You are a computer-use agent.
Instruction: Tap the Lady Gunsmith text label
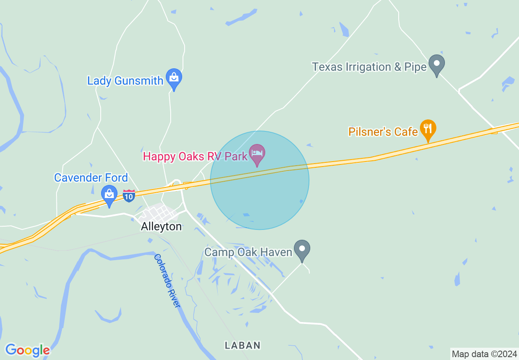pos(125,81)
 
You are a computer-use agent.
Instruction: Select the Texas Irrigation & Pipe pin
pos(436,64)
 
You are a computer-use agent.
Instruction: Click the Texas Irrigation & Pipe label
pos(369,67)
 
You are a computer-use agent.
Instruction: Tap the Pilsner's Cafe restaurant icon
pos(428,129)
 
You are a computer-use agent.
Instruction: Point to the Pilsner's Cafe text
pos(383,132)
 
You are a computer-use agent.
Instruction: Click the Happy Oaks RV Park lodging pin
pos(257,154)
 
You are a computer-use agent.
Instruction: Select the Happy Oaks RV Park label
pos(195,156)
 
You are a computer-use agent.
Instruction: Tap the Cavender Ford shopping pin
pos(109,195)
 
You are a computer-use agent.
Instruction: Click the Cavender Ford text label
pos(91,178)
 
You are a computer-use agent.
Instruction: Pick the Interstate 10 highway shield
pos(129,196)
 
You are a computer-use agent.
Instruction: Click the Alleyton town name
pos(161,227)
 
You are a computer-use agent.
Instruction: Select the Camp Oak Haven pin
pos(302,250)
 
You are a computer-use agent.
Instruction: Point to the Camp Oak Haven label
pos(248,252)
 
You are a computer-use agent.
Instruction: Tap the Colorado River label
pos(167,281)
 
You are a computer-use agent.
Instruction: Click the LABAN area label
pos(243,345)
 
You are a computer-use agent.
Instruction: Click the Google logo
pos(27,350)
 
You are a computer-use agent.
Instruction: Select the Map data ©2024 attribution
pos(484,353)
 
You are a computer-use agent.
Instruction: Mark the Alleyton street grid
pos(160,213)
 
